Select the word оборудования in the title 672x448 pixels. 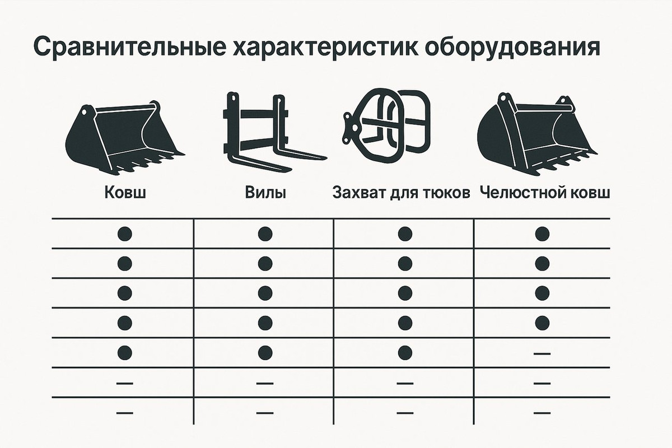(x=513, y=47)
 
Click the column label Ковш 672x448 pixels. (x=124, y=193)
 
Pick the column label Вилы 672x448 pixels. (x=265, y=193)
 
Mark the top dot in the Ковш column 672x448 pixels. (x=124, y=233)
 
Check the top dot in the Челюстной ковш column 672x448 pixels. (x=542, y=233)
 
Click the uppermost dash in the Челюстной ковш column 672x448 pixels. (x=542, y=353)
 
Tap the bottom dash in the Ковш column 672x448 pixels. (x=124, y=413)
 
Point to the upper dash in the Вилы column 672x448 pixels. (x=265, y=383)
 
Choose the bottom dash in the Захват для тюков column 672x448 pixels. (x=405, y=413)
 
